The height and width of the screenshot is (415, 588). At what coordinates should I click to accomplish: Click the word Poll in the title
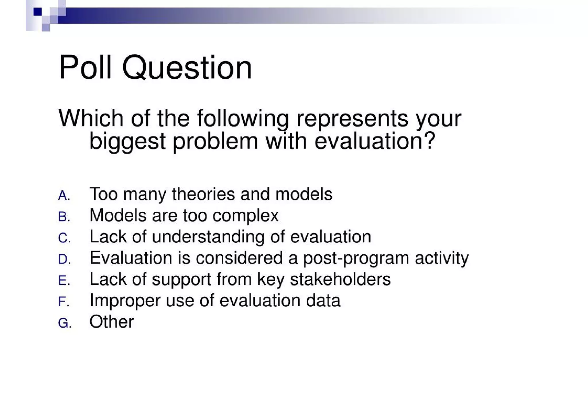point(85,68)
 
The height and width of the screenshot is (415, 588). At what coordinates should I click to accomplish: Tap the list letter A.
point(63,196)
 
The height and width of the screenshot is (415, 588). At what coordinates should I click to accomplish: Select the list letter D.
point(63,260)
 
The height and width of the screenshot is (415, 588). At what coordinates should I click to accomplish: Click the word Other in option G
point(111,322)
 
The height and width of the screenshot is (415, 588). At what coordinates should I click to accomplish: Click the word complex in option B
point(245,216)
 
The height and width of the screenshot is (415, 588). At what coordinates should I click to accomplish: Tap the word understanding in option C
point(208,237)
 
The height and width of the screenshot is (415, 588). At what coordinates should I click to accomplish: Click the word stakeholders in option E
point(340,279)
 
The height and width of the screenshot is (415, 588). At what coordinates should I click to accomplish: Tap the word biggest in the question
point(127,141)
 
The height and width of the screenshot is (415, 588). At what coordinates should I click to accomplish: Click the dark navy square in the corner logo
point(38,12)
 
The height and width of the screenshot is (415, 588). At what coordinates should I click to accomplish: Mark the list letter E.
point(63,281)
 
